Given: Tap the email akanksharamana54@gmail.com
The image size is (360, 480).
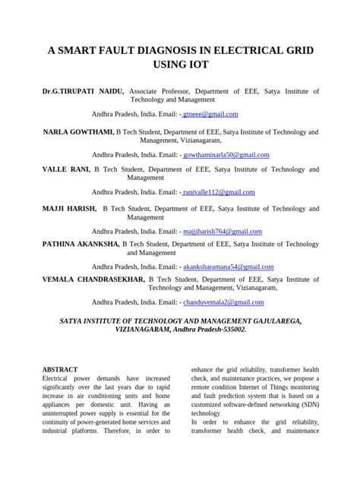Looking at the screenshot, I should tap(226, 267).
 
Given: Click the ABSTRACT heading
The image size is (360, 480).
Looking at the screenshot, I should tap(59, 368).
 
